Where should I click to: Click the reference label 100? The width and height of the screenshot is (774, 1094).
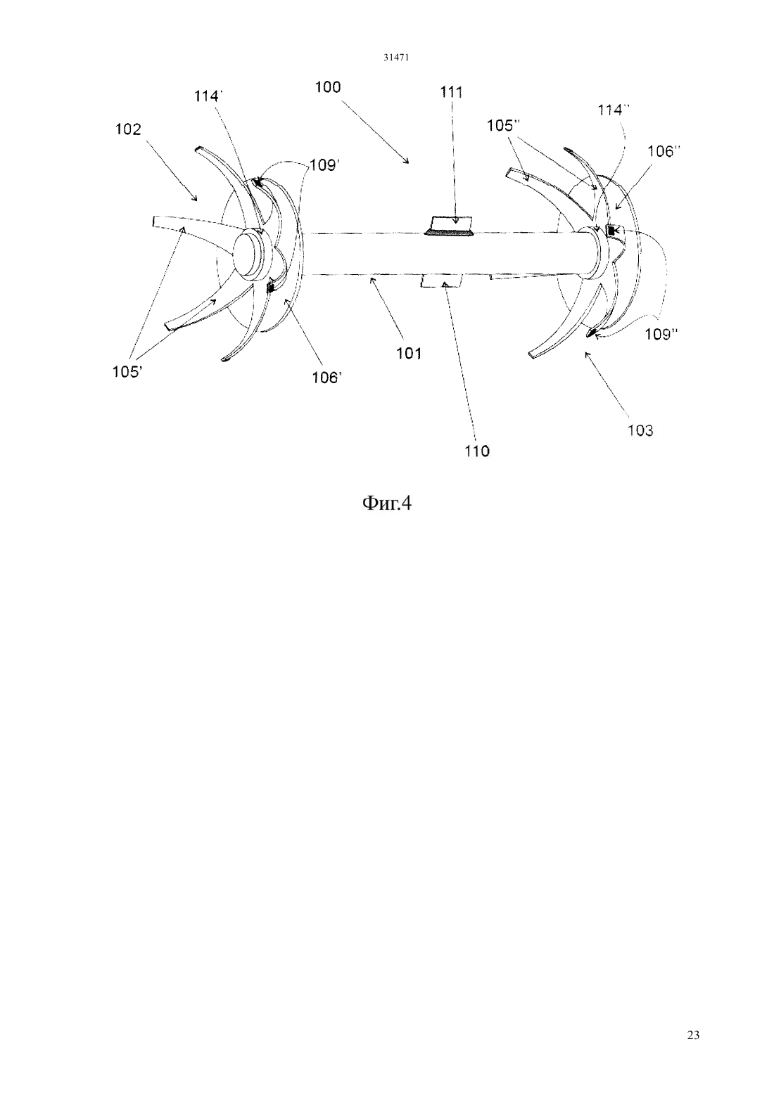coord(327,87)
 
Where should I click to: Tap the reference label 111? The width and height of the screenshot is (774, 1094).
coord(451,92)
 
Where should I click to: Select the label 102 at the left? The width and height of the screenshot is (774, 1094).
coord(128,129)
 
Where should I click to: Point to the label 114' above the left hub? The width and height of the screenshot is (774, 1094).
coord(208,97)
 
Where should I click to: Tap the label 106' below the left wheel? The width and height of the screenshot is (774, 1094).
coord(327,377)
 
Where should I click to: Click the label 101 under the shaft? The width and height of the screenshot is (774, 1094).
coord(409,353)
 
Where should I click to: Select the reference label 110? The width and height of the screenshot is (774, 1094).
coord(477,451)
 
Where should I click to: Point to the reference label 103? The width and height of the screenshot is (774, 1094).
coord(640,430)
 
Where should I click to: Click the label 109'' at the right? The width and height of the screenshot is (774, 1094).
coord(661,334)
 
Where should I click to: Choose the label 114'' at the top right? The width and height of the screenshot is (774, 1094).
coord(614,111)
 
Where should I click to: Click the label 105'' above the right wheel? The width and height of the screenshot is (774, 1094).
coord(503,126)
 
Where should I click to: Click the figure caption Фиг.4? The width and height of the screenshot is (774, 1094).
coord(386,503)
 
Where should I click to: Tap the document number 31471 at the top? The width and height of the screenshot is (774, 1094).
coord(395,58)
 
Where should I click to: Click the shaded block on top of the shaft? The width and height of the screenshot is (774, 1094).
coord(450,226)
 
